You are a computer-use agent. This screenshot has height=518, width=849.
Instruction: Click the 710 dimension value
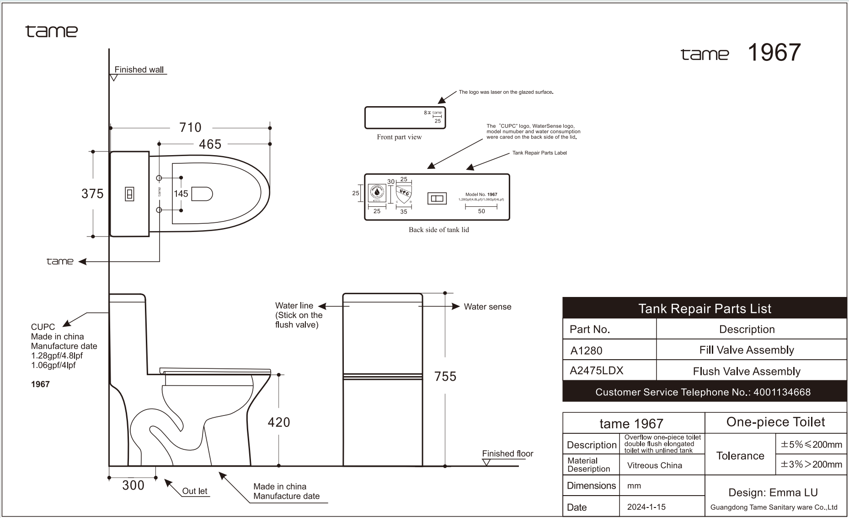click(x=190, y=127)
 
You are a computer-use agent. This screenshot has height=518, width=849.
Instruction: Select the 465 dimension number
click(x=210, y=144)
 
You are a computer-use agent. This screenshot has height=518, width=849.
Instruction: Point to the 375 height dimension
click(x=92, y=194)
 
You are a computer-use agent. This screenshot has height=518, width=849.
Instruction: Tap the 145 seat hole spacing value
click(x=181, y=194)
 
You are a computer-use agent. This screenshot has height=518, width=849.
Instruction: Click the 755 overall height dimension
click(x=445, y=376)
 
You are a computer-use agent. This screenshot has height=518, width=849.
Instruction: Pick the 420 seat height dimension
click(x=279, y=422)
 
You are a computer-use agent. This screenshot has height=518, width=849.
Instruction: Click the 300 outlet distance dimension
click(x=133, y=485)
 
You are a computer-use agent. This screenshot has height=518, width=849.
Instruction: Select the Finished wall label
click(x=139, y=70)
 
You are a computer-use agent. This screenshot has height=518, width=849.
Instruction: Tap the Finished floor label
click(x=507, y=453)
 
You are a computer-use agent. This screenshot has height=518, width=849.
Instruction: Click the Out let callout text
click(x=195, y=491)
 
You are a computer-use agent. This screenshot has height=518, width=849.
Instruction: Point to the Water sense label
click(x=487, y=307)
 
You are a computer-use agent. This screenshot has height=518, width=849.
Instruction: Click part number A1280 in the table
click(x=587, y=351)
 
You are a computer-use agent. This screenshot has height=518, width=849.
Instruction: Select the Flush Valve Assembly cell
click(x=747, y=371)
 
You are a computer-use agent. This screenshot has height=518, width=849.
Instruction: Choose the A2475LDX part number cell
click(x=597, y=371)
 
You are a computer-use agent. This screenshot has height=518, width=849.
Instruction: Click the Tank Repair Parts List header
click(x=705, y=309)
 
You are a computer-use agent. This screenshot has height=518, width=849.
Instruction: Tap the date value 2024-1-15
click(x=646, y=507)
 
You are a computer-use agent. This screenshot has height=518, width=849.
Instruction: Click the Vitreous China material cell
click(x=654, y=465)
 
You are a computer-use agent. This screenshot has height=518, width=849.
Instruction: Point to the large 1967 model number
click(x=774, y=52)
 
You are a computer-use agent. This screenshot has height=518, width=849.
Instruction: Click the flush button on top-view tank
click(x=130, y=194)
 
